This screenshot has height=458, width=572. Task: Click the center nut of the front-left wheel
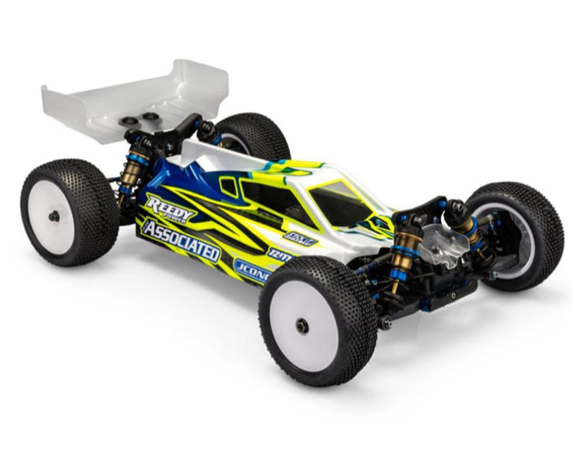click(x=303, y=326)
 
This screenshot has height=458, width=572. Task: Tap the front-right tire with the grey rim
click(x=517, y=235)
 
